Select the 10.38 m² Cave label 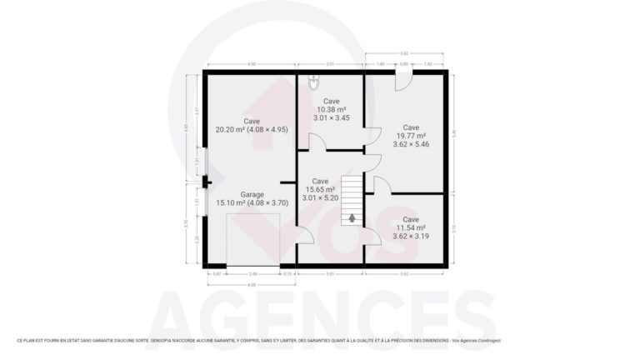(331, 101)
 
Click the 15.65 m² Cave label (320, 181)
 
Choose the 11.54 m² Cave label (412, 219)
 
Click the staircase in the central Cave (352, 199)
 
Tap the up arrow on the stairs (352, 218)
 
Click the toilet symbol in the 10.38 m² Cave (313, 81)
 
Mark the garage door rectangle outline (252, 239)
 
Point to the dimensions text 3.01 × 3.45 (331, 118)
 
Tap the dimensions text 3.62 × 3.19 (412, 237)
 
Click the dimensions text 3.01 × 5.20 (320, 198)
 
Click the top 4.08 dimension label (251, 63)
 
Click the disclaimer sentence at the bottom (258, 341)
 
